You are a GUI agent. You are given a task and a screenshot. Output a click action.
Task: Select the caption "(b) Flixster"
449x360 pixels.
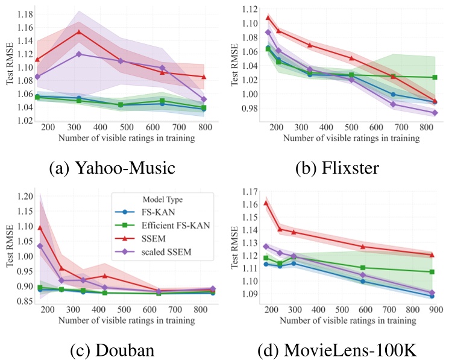(x=341, y=166)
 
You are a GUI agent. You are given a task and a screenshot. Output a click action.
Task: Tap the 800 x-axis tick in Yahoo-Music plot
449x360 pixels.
(x=204, y=128)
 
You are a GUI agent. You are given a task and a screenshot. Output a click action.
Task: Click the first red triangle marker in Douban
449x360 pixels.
(x=40, y=228)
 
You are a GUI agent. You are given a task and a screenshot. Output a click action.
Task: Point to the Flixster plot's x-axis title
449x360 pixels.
(x=351, y=138)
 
